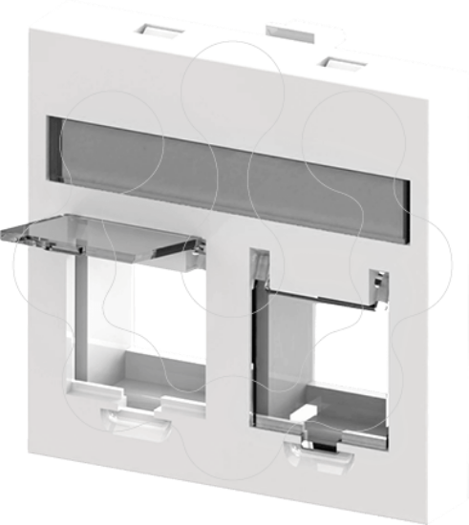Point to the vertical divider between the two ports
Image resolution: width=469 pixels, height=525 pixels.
(227, 344)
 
